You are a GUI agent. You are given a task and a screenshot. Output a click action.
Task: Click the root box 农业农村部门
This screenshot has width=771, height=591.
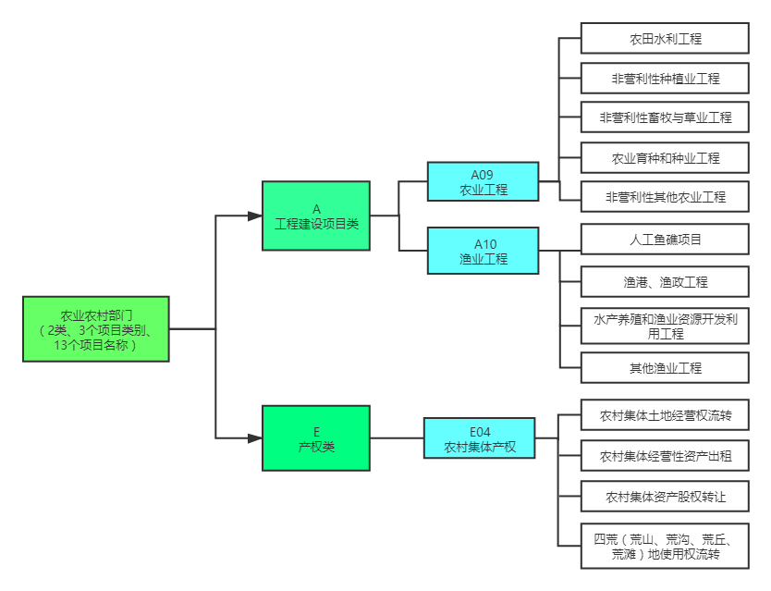pos(96,328)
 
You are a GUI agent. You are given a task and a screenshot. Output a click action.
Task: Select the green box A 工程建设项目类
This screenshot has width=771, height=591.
pos(316,215)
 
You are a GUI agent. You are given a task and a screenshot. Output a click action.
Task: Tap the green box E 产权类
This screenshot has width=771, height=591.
pos(316,437)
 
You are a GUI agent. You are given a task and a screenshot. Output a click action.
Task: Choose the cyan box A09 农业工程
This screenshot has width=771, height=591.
pos(483,181)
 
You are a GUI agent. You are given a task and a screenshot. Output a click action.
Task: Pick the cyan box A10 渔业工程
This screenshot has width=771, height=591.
pos(483,251)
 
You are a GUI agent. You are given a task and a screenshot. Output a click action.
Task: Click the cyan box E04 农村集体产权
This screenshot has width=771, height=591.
pos(480,438)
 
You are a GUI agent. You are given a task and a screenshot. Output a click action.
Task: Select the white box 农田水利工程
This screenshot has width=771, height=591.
pos(665,39)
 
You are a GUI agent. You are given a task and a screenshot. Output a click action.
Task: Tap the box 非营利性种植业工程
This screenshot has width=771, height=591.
pos(665,79)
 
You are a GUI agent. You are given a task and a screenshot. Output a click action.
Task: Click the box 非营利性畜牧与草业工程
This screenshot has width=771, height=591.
pos(665,117)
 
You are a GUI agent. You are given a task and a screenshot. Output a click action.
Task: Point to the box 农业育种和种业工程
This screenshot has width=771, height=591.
pos(665,158)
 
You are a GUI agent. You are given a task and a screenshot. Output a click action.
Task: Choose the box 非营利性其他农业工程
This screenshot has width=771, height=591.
pos(665,197)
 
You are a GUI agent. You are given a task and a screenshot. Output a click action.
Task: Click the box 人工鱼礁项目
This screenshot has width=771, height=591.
pos(665,240)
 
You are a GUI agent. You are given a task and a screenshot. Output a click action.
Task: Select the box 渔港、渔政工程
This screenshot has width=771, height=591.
pos(665,282)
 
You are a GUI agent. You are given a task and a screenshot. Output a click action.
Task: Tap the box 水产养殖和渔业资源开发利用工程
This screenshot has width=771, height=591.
pos(665,326)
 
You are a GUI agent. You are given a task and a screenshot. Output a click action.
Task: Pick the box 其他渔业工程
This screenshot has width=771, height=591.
pos(665,368)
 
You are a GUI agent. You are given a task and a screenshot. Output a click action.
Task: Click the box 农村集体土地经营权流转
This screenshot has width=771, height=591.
pos(665,416)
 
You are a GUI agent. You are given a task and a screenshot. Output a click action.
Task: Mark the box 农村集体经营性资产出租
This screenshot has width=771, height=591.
pos(665,456)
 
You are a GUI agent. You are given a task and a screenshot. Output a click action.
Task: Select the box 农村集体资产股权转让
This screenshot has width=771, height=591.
pos(665,497)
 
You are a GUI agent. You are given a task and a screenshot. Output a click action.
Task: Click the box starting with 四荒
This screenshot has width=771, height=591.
pos(665,546)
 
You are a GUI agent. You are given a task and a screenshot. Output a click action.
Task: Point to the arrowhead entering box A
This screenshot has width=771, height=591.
pos(256,215)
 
